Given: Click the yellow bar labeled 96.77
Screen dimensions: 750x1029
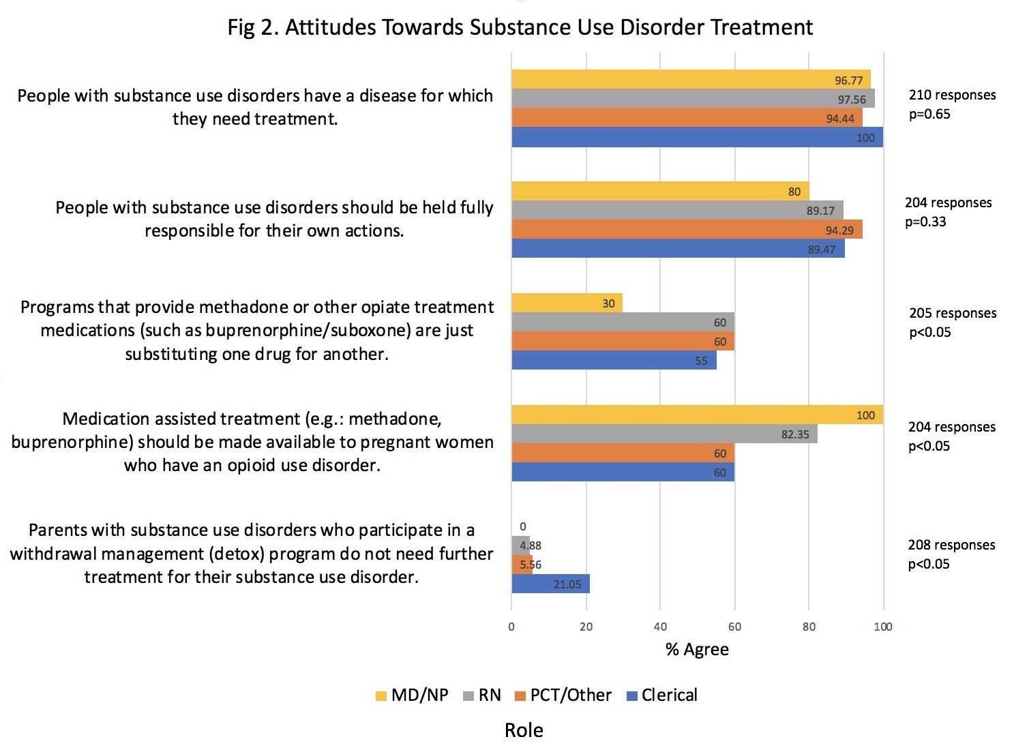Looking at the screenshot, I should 691,80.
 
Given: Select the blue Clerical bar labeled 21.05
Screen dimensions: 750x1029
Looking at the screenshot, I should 550,584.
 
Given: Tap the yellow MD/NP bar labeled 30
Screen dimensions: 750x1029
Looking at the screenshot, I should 567,303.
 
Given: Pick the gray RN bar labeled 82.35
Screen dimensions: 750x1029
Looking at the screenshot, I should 664,434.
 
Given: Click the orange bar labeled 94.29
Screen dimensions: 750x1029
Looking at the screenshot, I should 687,230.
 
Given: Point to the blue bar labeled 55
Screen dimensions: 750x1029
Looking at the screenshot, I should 614,361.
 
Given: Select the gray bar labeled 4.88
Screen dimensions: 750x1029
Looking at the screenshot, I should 520,545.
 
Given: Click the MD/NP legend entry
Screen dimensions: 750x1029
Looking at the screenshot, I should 412,695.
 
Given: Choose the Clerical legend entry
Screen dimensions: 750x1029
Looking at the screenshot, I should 661,695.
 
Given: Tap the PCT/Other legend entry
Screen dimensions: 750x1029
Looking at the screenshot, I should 563,695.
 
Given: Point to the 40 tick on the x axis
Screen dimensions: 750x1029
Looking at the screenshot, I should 660,627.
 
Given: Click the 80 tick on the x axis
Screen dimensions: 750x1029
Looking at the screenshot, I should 809,627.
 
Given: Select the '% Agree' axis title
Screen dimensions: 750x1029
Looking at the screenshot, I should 697,650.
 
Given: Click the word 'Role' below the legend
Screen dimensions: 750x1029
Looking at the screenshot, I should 524,730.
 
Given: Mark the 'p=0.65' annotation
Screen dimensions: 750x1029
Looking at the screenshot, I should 929,114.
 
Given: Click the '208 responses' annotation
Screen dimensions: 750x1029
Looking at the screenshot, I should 951,545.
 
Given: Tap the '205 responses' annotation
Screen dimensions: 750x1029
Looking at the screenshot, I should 953,313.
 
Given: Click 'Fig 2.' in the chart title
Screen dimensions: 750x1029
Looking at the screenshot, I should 253,27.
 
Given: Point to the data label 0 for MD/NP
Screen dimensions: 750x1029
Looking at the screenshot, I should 523,526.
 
